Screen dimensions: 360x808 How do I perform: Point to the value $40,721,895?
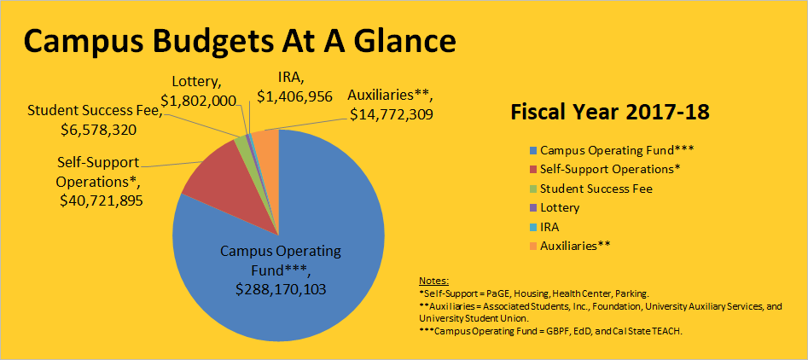point(102,200)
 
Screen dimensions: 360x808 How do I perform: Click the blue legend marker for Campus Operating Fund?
point(532,149)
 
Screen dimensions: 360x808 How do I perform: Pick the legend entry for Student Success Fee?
point(596,189)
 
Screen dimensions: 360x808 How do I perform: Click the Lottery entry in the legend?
point(560,207)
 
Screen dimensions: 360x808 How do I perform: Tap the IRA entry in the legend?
point(550,227)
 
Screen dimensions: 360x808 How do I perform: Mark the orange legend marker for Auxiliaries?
point(532,247)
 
